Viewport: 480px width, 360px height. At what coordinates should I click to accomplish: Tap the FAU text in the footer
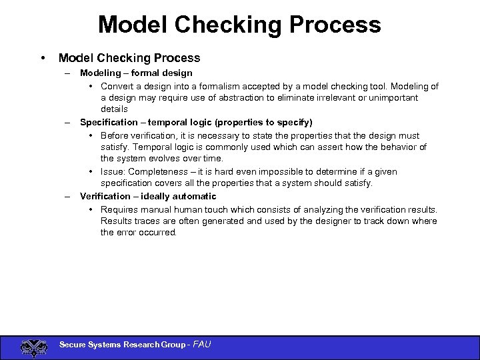point(201,345)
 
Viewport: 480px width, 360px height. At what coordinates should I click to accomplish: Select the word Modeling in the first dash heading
point(100,73)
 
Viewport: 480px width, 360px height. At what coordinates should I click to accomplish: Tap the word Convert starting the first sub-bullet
point(118,86)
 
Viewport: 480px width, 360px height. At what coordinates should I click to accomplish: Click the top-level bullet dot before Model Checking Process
point(43,58)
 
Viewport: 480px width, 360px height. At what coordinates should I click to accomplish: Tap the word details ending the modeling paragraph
point(115,109)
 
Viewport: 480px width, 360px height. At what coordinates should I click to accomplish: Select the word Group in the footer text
point(172,345)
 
